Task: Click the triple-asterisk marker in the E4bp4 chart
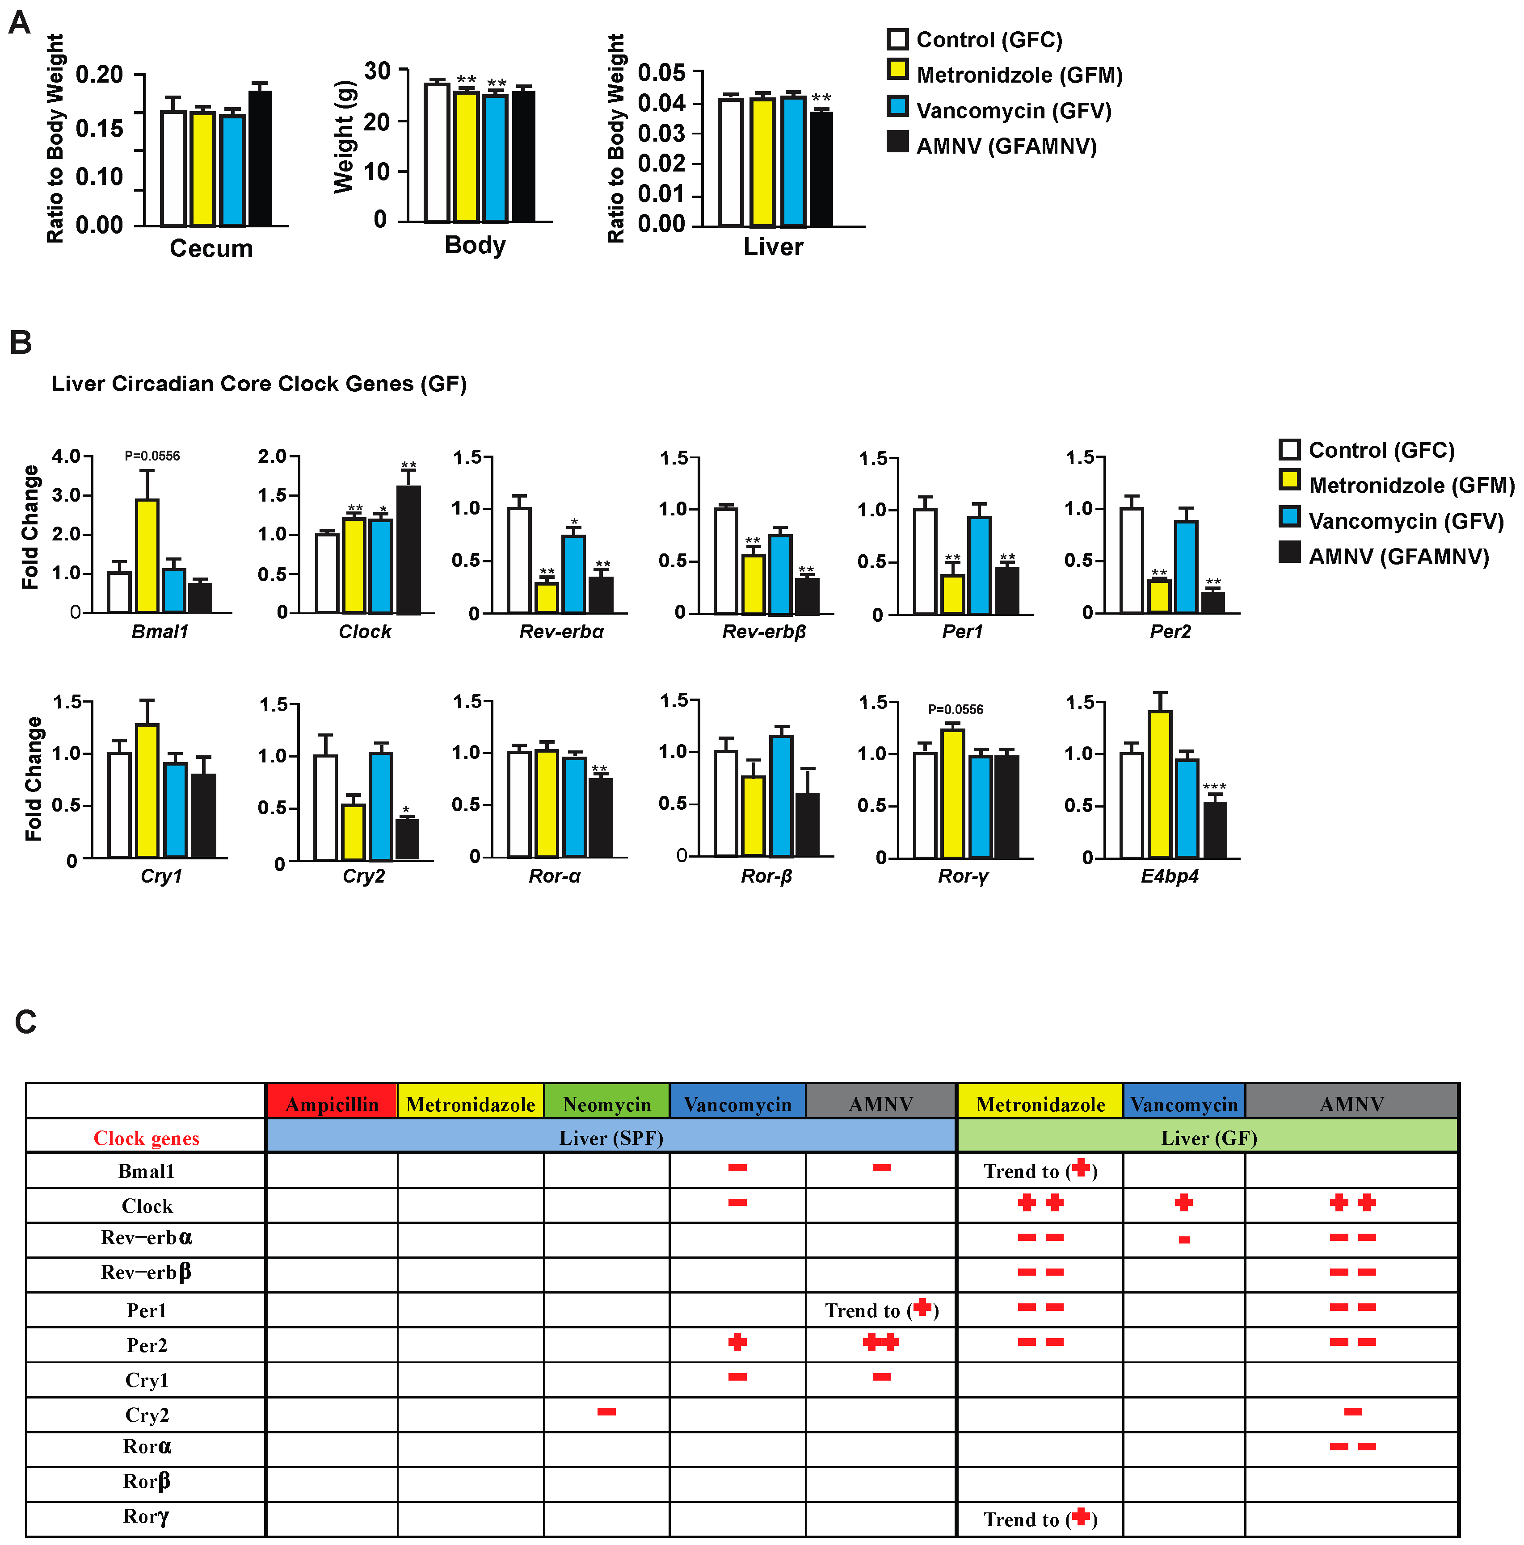[x=1214, y=787]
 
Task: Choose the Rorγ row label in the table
[x=147, y=1516]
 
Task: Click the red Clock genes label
[x=147, y=1138]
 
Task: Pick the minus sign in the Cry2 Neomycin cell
[x=606, y=1411]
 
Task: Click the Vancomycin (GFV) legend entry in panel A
[x=1000, y=110]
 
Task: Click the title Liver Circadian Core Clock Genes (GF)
[x=259, y=384]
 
